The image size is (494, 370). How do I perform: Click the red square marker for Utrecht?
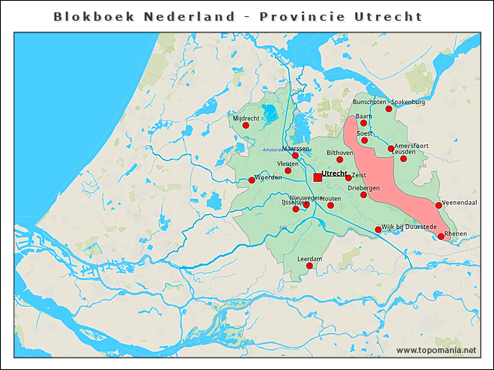tap(317, 177)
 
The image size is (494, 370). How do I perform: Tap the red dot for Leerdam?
tap(310, 266)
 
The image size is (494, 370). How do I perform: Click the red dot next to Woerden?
tap(252, 180)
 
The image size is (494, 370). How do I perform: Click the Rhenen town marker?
tap(441, 237)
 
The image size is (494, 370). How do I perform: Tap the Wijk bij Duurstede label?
tap(409, 227)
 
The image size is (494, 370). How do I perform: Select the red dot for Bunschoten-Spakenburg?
tap(389, 109)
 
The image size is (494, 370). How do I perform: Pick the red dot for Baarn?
tap(364, 123)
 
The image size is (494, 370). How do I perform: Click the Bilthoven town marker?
tap(340, 160)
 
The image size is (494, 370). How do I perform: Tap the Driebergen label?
tap(363, 187)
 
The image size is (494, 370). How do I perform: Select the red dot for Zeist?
tap(348, 178)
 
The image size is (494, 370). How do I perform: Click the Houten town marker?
tap(330, 205)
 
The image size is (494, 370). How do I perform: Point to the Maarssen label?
tap(296, 147)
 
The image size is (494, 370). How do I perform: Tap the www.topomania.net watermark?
tap(436, 351)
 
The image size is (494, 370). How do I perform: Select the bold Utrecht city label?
tap(333, 173)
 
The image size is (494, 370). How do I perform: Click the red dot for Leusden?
tap(403, 159)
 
